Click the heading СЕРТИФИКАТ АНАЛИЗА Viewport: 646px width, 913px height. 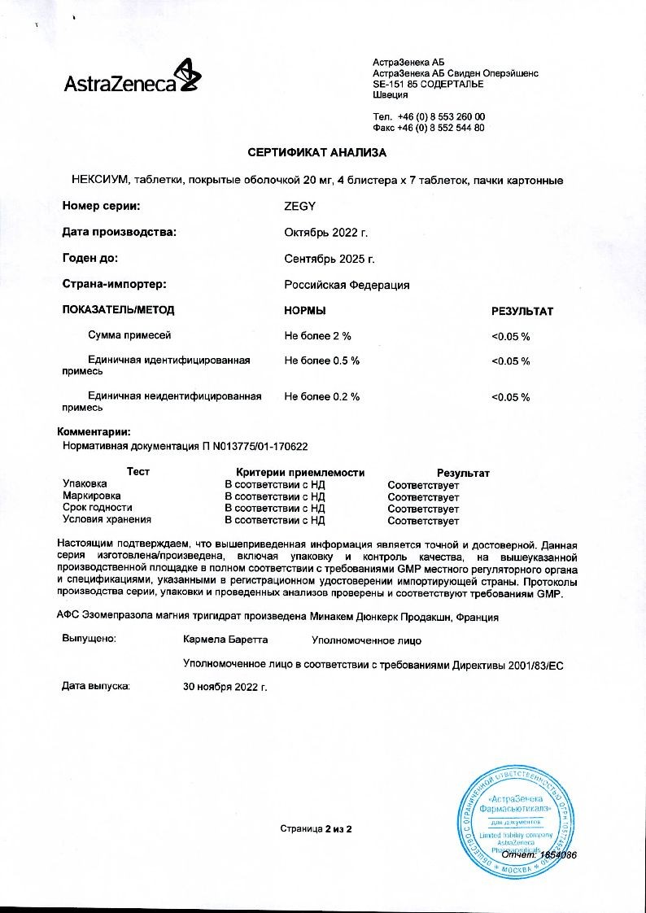pyautogui.click(x=317, y=153)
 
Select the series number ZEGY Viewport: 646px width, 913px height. pyautogui.click(x=299, y=207)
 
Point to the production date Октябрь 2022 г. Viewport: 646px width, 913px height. pyautogui.click(x=326, y=233)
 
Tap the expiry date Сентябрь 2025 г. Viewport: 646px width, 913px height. pyautogui.click(x=330, y=259)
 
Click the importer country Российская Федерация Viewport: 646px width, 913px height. pyautogui.click(x=347, y=285)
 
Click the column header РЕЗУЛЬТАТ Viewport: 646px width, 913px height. pyautogui.click(x=522, y=311)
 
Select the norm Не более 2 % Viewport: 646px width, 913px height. pyautogui.click(x=317, y=335)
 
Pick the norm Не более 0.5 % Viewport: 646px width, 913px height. pyautogui.click(x=321, y=360)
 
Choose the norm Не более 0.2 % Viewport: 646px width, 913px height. pyautogui.click(x=321, y=396)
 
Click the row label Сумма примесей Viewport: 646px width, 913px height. pyautogui.click(x=129, y=335)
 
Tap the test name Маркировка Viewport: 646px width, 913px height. pyautogui.click(x=92, y=496)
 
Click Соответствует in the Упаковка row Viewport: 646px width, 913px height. pyautogui.click(x=423, y=485)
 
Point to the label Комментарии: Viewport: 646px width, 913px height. pyautogui.click(x=94, y=432)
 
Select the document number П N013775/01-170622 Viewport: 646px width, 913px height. pyautogui.click(x=259, y=447)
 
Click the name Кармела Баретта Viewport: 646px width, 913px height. pyautogui.click(x=226, y=640)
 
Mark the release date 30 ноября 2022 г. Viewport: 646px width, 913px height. pyautogui.click(x=226, y=687)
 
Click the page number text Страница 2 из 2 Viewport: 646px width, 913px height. pyautogui.click(x=316, y=828)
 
